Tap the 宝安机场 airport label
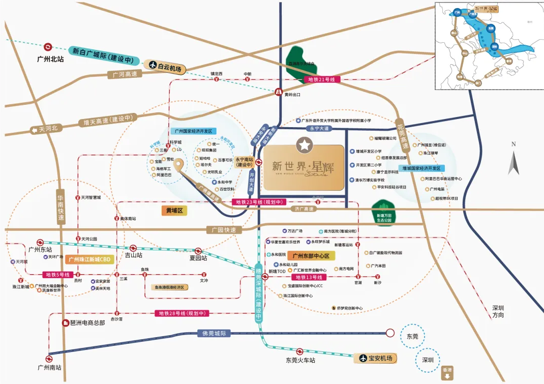click(376, 358)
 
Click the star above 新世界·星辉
click(303, 145)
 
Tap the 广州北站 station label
click(51, 59)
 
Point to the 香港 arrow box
click(447, 373)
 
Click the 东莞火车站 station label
click(300, 360)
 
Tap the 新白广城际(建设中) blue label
click(104, 55)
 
